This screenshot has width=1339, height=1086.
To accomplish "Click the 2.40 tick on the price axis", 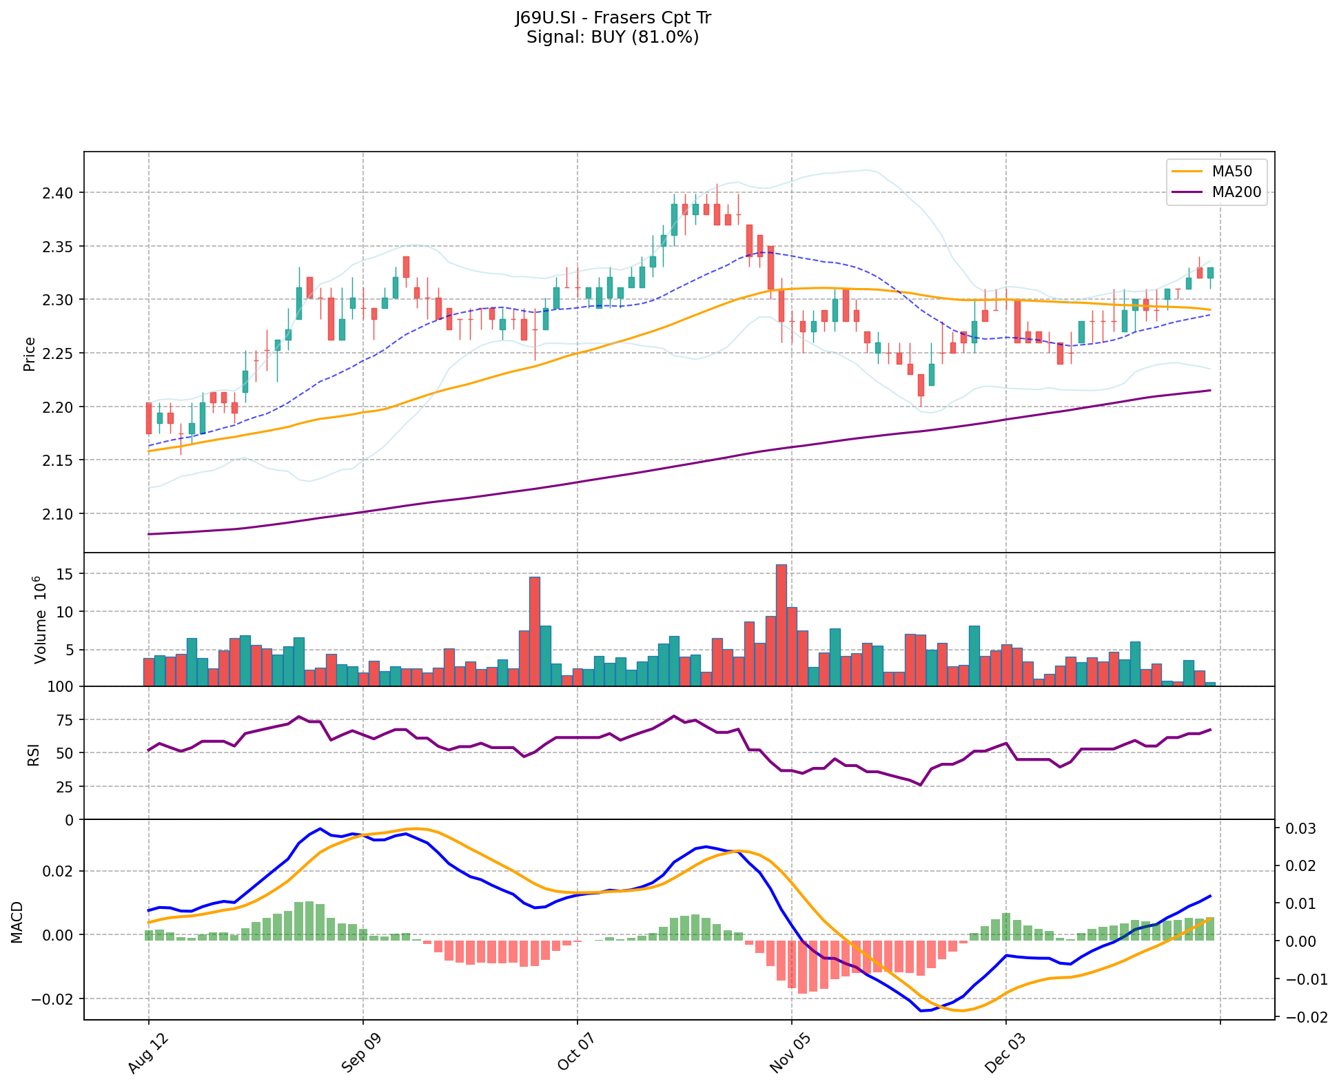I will pos(62,192).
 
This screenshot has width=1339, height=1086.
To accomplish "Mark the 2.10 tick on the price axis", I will pos(62,514).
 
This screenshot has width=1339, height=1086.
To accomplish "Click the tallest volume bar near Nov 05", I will pos(781,625).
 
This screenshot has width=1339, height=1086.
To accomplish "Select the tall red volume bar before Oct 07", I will pos(534,631).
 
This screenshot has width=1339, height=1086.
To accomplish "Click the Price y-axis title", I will pos(30,354).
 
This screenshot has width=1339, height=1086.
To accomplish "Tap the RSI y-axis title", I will pos(32,753).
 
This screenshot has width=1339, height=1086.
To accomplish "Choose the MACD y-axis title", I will pos(17,922).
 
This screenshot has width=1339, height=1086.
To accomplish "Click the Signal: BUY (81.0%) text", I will pos(613,37).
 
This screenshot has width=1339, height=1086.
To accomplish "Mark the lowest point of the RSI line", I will pos(919,785).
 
